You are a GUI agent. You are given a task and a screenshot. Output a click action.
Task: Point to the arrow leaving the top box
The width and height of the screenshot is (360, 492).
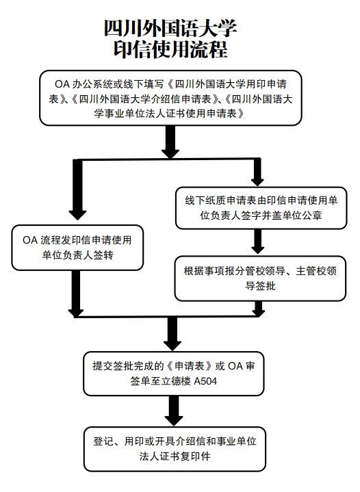[x=170, y=141]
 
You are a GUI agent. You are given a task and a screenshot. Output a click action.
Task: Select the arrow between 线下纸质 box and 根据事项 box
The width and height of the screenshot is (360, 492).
[x=257, y=242]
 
